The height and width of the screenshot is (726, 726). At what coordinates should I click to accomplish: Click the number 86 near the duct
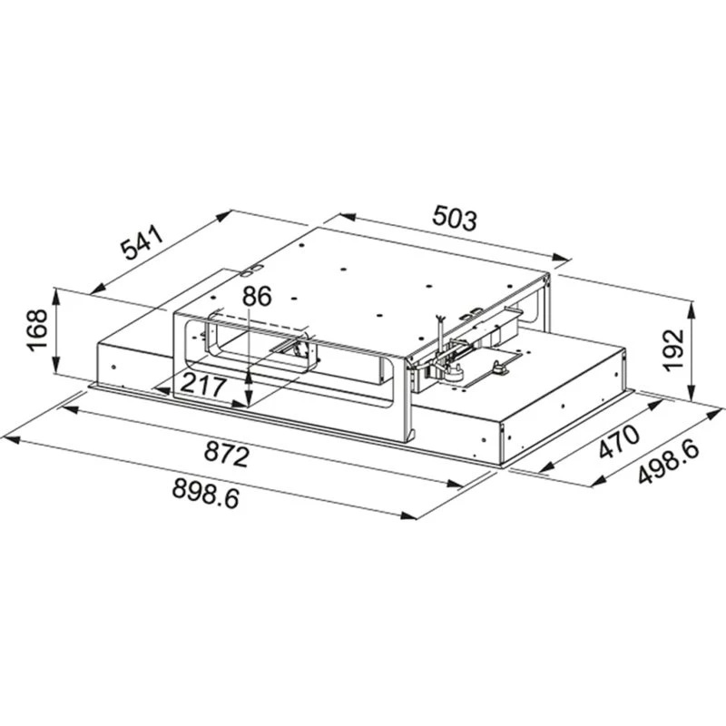(x=258, y=297)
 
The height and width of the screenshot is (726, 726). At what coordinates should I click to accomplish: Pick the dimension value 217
(x=203, y=383)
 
